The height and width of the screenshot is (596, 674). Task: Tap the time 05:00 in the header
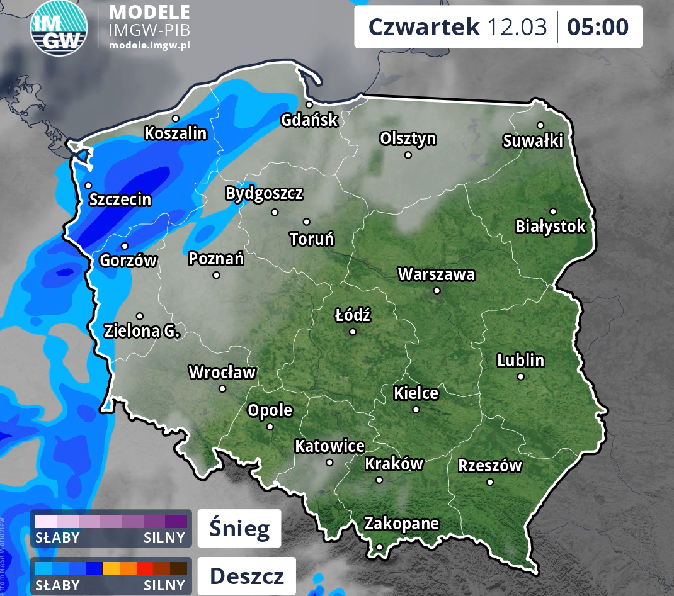point(598,27)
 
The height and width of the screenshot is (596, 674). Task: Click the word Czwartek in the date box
point(424,27)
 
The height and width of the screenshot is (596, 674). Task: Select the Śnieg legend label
point(239,529)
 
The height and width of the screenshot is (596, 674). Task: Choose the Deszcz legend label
point(246,576)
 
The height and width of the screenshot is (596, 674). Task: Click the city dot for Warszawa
point(437,291)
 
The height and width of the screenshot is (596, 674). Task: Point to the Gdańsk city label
point(309,120)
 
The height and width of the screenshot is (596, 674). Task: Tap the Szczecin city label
point(120,200)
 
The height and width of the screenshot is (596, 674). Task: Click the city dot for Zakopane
point(379,547)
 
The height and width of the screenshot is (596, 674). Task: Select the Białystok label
point(551,227)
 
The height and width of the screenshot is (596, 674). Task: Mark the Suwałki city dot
point(540,125)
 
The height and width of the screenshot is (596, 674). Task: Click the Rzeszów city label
point(490,466)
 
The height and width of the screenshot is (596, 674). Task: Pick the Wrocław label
point(222,373)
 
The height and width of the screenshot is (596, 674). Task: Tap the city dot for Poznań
point(216,275)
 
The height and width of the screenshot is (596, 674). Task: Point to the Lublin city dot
point(521,376)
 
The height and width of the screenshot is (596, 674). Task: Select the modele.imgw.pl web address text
point(149,45)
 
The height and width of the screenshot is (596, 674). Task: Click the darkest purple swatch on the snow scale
point(176,521)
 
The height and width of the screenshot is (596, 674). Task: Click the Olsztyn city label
point(408,138)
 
